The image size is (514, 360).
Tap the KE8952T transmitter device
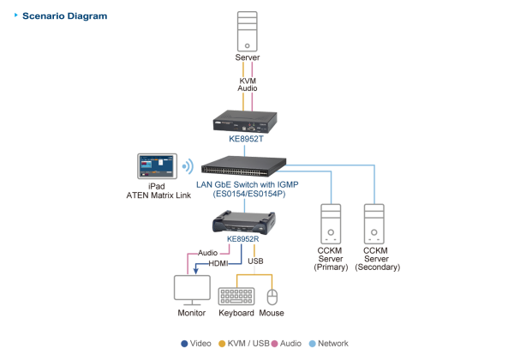(x=247, y=121)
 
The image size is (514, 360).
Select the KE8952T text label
(x=247, y=138)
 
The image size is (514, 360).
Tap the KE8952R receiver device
(x=246, y=225)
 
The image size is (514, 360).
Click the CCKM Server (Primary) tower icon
(x=331, y=224)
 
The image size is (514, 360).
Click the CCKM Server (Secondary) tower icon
(x=375, y=224)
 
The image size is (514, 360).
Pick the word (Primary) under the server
(x=331, y=267)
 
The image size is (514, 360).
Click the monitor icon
(x=192, y=290)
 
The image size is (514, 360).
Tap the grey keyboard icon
(x=236, y=296)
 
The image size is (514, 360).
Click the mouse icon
(x=272, y=297)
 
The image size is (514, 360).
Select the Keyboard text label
(x=236, y=314)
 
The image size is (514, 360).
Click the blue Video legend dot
(x=184, y=344)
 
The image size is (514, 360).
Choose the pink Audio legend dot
(x=275, y=344)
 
